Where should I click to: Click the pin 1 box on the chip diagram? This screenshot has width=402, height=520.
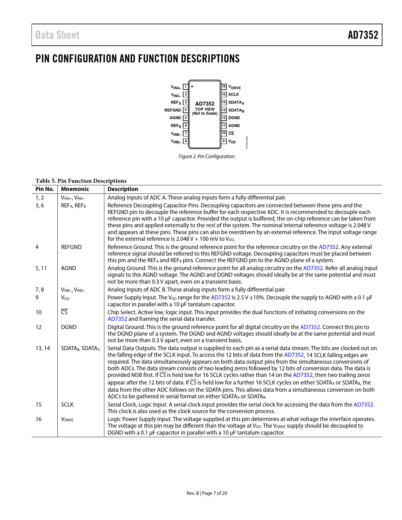pos(186,87)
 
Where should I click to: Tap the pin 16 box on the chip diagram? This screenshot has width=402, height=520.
pos(224,87)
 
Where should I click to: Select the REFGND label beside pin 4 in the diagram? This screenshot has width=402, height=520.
pos(173,110)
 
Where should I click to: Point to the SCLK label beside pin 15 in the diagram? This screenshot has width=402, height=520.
pos(234,95)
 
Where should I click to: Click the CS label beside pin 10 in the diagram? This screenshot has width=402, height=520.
pos(231,133)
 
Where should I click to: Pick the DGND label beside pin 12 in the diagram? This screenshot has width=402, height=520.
pos(234,118)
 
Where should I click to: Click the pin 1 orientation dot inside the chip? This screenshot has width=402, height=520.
pos(192,86)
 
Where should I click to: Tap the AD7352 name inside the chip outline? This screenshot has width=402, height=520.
pos(205,104)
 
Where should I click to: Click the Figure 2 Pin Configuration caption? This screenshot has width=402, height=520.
pos(207,157)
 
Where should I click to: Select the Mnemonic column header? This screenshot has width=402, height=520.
pos(75,189)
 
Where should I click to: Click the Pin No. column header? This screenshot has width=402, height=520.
pos(44,189)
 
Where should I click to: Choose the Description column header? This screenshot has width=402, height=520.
pos(123,189)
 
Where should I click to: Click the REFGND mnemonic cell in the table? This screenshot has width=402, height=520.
pos(71,247)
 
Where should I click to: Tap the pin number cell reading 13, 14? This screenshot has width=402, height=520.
pos(43,348)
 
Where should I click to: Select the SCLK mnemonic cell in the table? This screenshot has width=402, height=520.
pos(67,405)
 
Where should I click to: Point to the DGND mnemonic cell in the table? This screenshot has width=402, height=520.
pos(69,327)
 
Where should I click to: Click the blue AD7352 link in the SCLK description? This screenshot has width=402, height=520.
pos(363,405)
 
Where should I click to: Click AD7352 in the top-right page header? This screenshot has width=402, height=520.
pos(363,35)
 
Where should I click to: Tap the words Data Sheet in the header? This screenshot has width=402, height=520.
pos(57,35)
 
